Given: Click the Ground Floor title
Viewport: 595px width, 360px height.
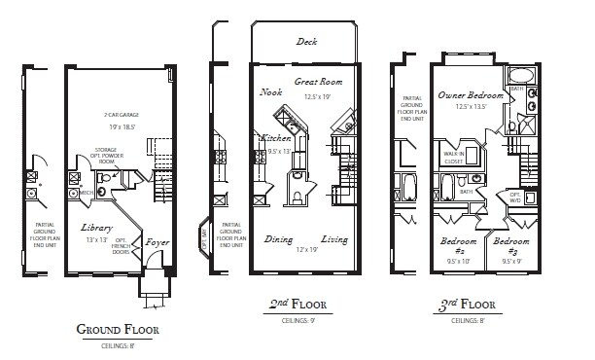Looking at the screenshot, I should coord(117,329).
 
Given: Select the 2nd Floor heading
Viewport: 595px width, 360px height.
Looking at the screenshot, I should coord(297,306).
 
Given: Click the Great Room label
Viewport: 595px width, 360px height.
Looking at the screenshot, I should coord(317,84).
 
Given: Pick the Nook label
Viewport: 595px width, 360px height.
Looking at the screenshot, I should coord(271,92).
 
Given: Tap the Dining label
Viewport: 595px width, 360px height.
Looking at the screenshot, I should coord(278,239).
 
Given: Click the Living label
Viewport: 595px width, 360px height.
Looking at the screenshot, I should coord(335,239).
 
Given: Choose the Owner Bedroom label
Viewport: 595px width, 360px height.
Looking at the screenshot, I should coord(471,95).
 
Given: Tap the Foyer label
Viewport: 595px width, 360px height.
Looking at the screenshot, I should coord(157,241).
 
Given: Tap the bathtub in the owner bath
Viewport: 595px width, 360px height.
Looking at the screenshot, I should coord(522,76).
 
